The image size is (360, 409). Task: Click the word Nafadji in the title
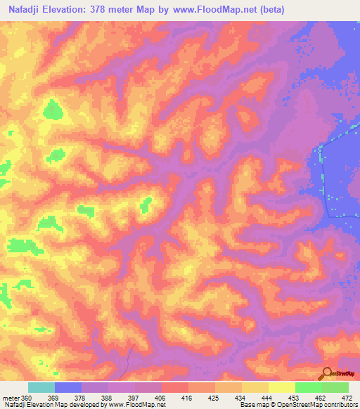click(x=25, y=8)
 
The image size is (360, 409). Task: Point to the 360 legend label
click(x=27, y=397)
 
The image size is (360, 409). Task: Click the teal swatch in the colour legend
click(x=41, y=387)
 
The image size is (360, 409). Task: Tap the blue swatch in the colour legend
click(x=68, y=387)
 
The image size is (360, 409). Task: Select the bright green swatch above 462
click(x=309, y=387)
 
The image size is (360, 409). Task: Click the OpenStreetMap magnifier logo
click(x=326, y=372)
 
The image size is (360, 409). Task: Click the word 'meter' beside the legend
click(x=11, y=397)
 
